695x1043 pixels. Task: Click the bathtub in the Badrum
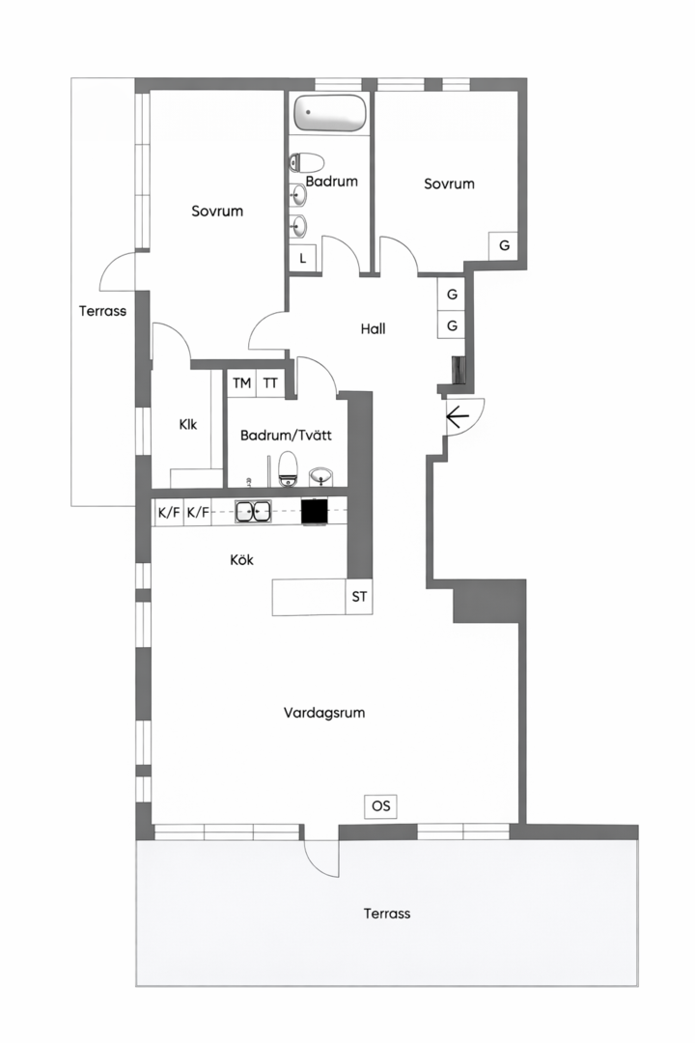[330, 113]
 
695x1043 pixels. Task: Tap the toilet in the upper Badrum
[306, 162]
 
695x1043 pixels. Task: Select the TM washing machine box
[242, 383]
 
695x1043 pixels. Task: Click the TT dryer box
[270, 383]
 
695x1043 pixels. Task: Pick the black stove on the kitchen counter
[315, 512]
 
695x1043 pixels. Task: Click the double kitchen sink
[253, 511]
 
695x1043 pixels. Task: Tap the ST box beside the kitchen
[359, 597]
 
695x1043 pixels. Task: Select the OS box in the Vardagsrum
[381, 806]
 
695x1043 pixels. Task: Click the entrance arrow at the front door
[459, 417]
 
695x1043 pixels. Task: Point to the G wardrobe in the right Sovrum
[504, 245]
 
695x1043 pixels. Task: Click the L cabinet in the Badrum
[302, 258]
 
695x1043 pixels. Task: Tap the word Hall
[374, 328]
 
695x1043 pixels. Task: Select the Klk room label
[188, 424]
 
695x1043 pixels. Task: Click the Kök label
[241, 560]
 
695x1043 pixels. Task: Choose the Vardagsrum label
[324, 713]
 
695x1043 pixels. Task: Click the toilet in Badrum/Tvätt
[288, 469]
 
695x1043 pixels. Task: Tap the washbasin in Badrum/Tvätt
[321, 475]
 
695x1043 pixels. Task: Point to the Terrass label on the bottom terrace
[387, 914]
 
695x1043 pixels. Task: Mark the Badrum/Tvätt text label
[286, 435]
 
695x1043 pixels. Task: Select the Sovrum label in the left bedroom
[217, 211]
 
